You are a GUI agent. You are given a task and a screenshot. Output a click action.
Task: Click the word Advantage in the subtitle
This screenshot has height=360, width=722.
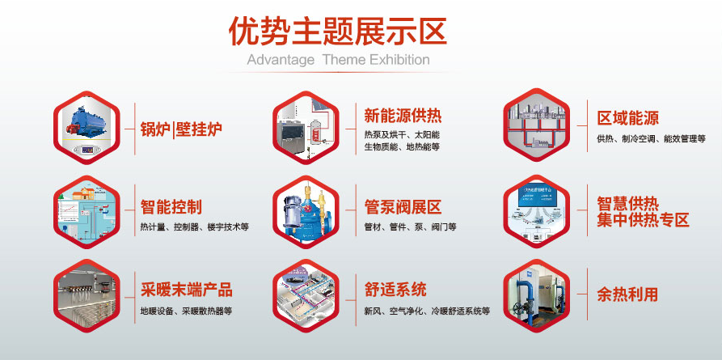click(281, 60)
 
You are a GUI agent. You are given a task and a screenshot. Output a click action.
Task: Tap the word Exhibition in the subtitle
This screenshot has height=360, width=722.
click(399, 60)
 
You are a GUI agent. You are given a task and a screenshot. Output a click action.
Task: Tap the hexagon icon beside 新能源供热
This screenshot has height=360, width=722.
click(305, 125)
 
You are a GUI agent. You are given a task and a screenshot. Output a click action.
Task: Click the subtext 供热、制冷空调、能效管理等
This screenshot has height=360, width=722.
click(651, 139)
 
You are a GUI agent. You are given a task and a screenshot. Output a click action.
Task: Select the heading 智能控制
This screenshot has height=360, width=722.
click(171, 206)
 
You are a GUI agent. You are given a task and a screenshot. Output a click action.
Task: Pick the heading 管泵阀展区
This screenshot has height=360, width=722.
click(403, 206)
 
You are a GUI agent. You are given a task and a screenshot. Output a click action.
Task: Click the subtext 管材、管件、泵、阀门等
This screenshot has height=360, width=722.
click(410, 227)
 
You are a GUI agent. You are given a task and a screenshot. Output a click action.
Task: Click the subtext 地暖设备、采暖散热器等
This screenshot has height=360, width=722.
click(186, 311)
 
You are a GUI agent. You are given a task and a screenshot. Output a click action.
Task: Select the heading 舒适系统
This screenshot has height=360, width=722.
click(395, 290)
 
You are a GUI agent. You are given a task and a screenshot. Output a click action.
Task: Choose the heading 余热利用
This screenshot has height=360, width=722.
click(627, 294)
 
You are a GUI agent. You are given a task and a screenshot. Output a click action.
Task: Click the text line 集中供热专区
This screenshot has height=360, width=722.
click(643, 220)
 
